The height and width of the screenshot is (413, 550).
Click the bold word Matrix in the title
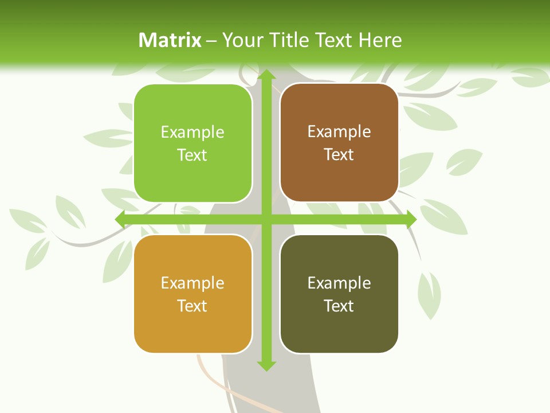pyautogui.click(x=170, y=40)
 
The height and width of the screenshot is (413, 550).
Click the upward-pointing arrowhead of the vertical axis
pyautogui.click(x=266, y=75)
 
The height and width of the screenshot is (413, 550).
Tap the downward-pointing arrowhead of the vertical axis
pyautogui.click(x=266, y=365)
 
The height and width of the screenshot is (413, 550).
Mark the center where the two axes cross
pyautogui.click(x=266, y=219)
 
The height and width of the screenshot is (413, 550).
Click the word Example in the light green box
pyautogui.click(x=192, y=133)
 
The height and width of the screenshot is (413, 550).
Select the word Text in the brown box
pyautogui.click(x=339, y=155)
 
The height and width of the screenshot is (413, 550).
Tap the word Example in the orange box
pyautogui.click(x=192, y=283)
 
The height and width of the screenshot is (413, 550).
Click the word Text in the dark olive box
pyautogui.click(x=339, y=306)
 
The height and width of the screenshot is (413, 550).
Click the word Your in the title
pyautogui.click(x=241, y=40)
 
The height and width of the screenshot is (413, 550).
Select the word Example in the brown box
pyautogui.click(x=339, y=132)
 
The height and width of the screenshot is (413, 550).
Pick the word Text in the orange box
pyautogui.click(x=192, y=306)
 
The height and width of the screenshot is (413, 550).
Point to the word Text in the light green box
pyautogui.click(x=192, y=155)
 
